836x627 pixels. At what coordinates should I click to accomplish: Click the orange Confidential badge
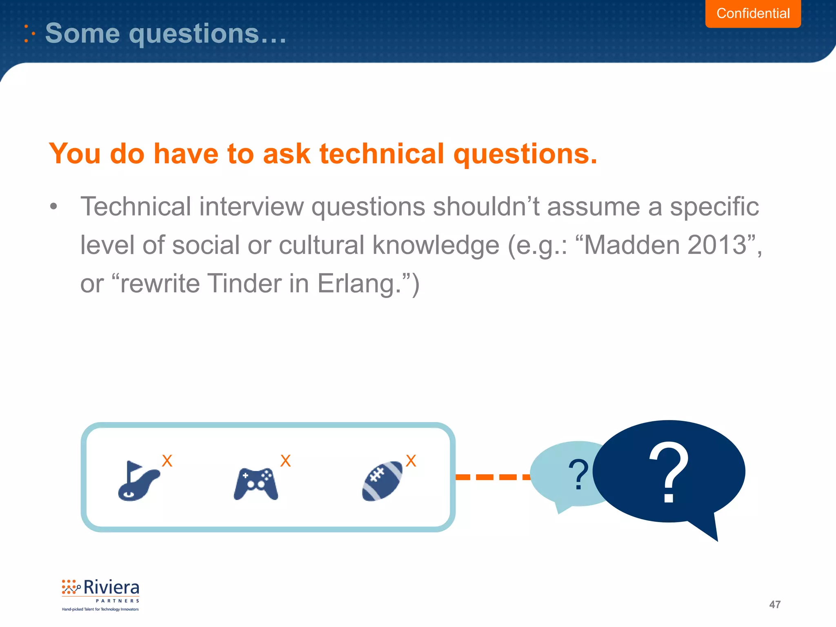[753, 13]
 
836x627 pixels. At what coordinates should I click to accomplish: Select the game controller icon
[256, 484]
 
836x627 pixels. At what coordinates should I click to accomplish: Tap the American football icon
[382, 481]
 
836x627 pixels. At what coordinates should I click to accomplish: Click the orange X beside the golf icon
[167, 461]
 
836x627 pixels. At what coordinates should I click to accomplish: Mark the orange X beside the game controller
[285, 461]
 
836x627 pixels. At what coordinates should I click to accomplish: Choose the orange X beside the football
[411, 461]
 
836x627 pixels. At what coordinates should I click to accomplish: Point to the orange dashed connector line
[492, 477]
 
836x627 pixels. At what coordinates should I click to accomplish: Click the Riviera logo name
[111, 588]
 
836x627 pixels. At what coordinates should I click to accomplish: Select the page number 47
[774, 605]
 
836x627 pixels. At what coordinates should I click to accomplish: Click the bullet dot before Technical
[53, 207]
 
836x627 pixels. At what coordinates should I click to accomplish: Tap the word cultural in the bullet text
[322, 245]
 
